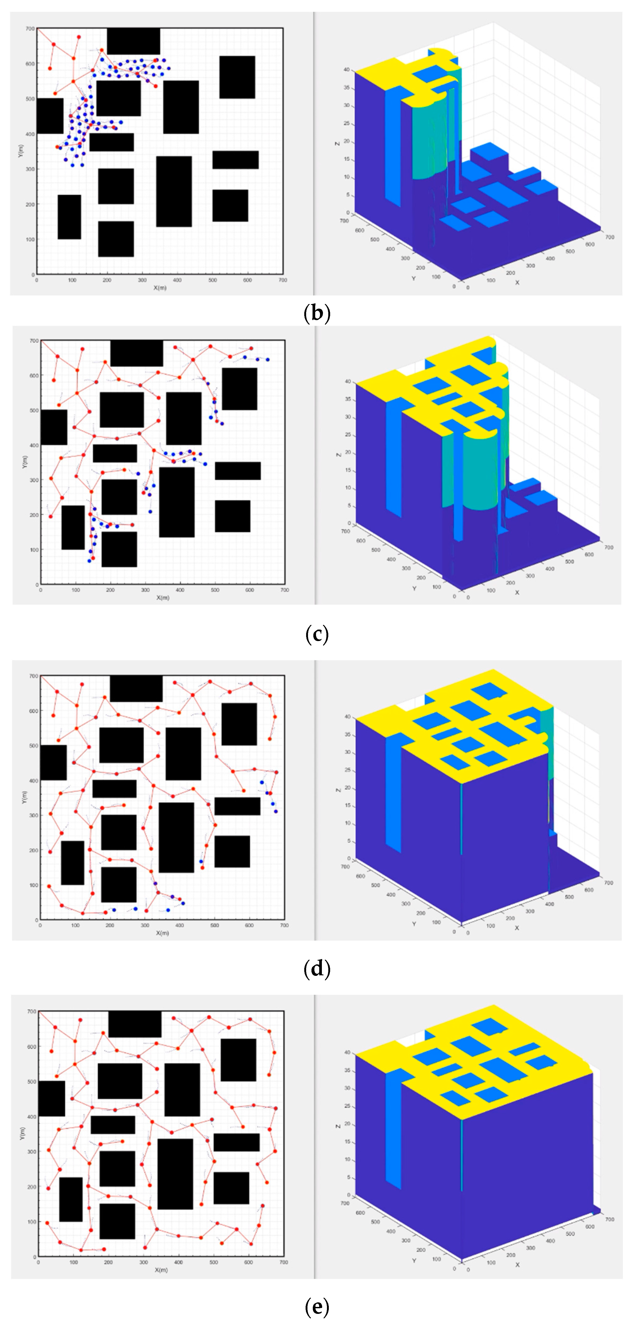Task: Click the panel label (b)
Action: tap(317, 313)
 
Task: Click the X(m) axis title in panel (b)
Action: tap(160, 287)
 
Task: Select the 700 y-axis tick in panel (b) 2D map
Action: tap(30, 29)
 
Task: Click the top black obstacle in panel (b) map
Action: tap(133, 41)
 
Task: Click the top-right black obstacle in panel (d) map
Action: tap(239, 724)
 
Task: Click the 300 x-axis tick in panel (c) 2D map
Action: tap(145, 590)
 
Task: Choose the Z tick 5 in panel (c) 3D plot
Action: tap(349, 506)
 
